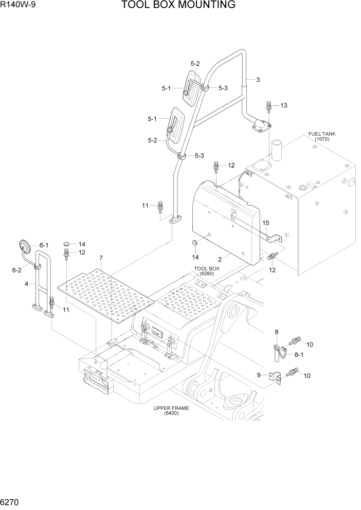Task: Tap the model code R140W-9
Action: pos(20,5)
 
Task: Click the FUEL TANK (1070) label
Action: pos(322,136)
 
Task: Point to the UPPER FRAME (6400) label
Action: pos(171,410)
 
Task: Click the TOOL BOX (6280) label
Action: pos(207,271)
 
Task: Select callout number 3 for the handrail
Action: pos(258,79)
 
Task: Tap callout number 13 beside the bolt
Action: pos(283,105)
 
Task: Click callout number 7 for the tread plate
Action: pos(101,258)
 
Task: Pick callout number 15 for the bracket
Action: pos(266,223)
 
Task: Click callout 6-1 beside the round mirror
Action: pos(44,245)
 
